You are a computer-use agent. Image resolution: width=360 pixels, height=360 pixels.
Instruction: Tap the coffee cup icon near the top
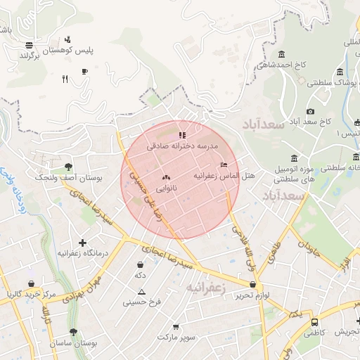click(x=85, y=71)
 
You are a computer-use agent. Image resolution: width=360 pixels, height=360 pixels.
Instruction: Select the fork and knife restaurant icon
click(x=65, y=79)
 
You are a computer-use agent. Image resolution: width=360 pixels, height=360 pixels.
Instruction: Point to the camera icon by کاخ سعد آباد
click(x=310, y=111)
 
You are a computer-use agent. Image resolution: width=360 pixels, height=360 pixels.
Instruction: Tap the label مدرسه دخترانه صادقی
click(x=183, y=146)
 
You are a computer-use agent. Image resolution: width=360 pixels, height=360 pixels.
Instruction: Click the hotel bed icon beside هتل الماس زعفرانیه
click(x=224, y=165)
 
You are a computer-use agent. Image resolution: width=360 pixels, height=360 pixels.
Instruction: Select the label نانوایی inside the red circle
click(x=165, y=188)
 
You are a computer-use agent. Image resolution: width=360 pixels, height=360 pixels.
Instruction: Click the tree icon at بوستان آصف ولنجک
click(x=68, y=167)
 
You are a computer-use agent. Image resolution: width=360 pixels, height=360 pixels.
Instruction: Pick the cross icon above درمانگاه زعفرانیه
click(x=83, y=242)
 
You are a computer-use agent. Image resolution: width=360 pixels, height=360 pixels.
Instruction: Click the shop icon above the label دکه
click(x=141, y=265)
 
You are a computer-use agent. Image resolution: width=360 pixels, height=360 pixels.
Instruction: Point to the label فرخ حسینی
click(x=142, y=302)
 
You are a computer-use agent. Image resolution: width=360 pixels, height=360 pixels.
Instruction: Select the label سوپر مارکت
click(x=176, y=337)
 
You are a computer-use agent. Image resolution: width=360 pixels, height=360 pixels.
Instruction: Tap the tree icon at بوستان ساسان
click(x=73, y=332)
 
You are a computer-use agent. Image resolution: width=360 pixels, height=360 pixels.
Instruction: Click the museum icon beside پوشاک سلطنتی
click(x=340, y=72)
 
